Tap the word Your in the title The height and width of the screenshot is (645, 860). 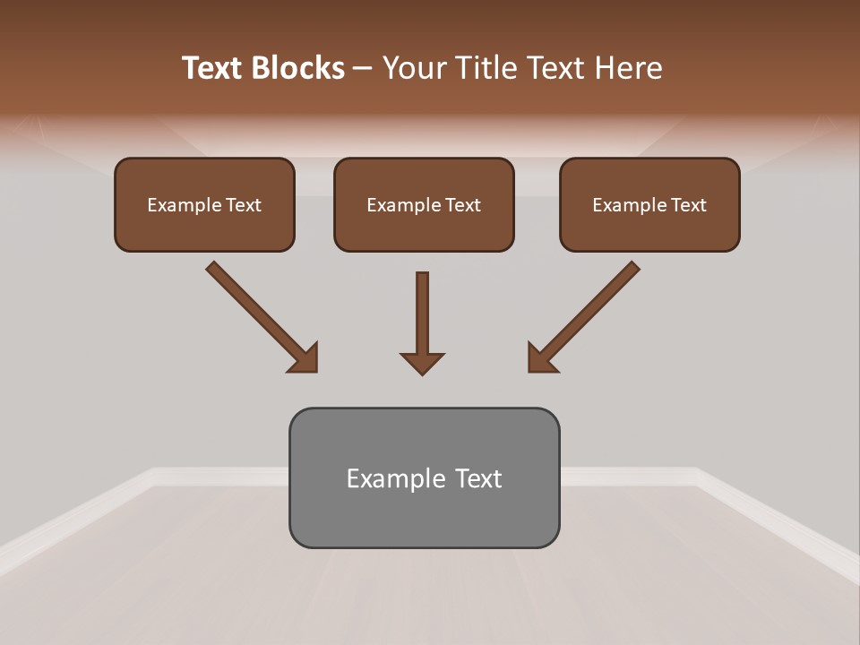(416, 68)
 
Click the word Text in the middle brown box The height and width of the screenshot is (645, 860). (463, 205)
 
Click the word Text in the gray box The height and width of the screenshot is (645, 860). (479, 478)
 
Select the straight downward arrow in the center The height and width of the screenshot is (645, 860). (422, 318)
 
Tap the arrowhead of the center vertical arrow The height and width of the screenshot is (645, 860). (422, 363)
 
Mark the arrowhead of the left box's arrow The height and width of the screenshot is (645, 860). (305, 358)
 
